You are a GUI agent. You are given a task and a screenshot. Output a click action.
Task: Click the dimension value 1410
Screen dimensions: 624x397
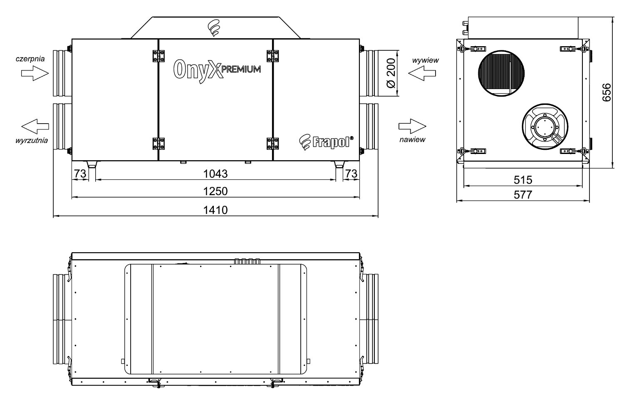coord(215,210)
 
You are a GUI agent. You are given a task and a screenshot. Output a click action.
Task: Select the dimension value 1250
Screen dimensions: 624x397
coord(215,191)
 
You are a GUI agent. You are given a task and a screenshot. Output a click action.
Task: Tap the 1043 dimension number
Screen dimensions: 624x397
coord(215,174)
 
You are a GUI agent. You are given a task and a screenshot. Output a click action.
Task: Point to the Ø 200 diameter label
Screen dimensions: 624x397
coord(391,73)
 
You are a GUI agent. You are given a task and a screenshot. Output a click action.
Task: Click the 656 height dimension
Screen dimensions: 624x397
coord(607,92)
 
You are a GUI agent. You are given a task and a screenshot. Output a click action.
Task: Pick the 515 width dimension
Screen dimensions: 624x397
coord(523,180)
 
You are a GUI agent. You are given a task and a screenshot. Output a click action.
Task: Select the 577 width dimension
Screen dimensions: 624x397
coord(523,195)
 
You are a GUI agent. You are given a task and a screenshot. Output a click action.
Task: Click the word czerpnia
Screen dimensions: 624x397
coord(30,59)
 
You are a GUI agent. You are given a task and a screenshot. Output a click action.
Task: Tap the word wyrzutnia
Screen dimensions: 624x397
coord(32,140)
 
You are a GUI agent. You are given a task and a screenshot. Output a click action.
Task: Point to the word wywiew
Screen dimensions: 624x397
coord(426,60)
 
